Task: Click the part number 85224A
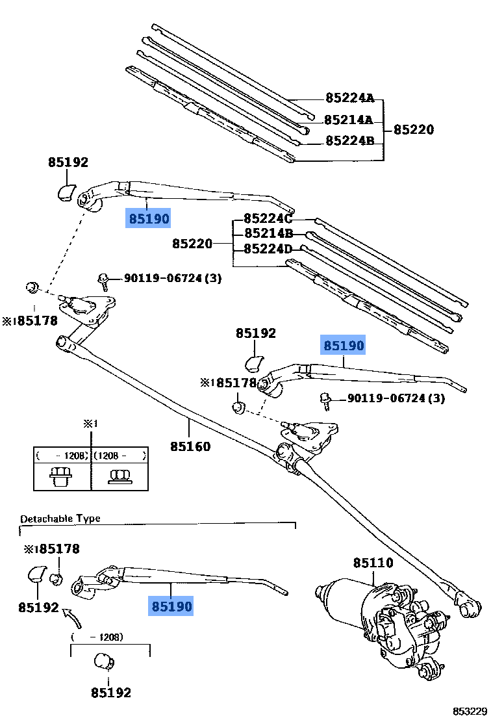349,99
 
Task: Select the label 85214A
348,120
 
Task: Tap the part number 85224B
349,140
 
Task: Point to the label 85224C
268,218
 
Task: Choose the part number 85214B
268,233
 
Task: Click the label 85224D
268,249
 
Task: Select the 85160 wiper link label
190,446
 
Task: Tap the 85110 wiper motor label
373,563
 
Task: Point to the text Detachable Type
60,519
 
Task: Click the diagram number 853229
470,712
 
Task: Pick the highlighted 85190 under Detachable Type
171,607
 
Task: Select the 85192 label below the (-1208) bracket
110,693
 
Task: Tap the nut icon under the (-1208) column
61,476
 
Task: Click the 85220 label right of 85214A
414,129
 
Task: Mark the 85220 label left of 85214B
192,244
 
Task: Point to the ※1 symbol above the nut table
90,424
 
